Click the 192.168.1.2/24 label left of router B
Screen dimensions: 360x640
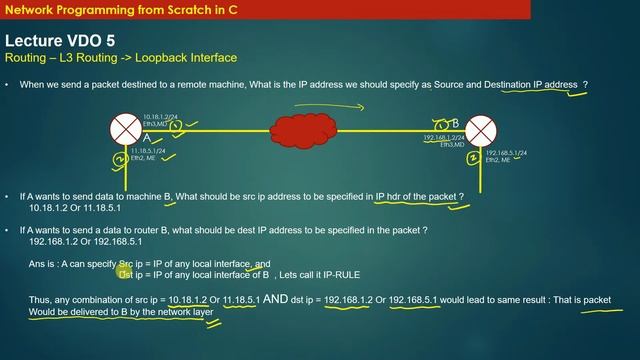pyautogui.click(x=444, y=137)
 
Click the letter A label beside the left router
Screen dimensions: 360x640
pyautogui.click(x=147, y=137)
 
